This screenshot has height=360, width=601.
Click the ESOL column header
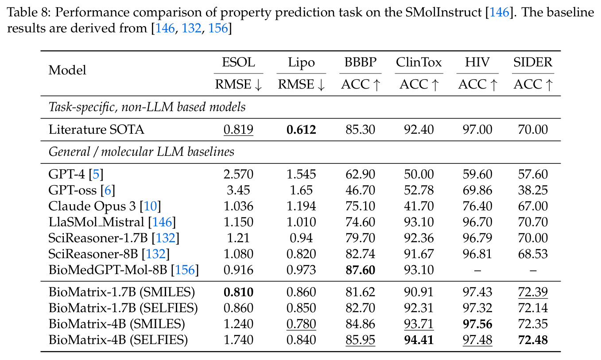click(x=238, y=62)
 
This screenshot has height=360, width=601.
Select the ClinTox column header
click(x=419, y=62)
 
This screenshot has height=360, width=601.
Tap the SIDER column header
click(x=533, y=62)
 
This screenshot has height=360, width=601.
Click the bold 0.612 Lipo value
click(x=301, y=130)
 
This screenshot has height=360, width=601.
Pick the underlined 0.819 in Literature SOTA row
click(x=238, y=130)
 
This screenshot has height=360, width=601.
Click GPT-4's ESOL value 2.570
click(x=238, y=174)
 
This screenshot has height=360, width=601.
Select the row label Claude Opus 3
click(x=92, y=206)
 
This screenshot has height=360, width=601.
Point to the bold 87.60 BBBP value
click(x=360, y=270)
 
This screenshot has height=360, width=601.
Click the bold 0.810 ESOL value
click(x=238, y=292)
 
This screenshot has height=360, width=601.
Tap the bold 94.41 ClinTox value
click(x=419, y=340)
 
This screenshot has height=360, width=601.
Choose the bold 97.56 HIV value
click(x=477, y=324)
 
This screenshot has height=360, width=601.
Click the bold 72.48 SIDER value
click(x=533, y=340)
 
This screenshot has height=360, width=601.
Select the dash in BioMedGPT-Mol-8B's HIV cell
click(x=477, y=271)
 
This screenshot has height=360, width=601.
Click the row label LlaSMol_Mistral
click(x=96, y=222)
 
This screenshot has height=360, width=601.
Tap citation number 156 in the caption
click(x=218, y=28)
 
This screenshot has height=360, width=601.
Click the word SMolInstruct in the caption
click(x=443, y=12)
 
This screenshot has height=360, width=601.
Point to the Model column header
click(x=67, y=70)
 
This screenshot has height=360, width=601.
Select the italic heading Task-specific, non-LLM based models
click(x=147, y=107)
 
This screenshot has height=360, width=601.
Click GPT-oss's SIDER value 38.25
click(x=533, y=190)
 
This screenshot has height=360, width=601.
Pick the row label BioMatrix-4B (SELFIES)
click(x=118, y=340)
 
